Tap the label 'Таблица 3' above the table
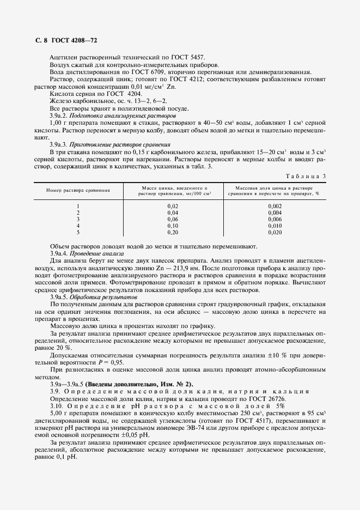306,176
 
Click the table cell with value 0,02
173,205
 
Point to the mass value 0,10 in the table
173,225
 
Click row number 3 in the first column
78,218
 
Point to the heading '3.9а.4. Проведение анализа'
87,253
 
